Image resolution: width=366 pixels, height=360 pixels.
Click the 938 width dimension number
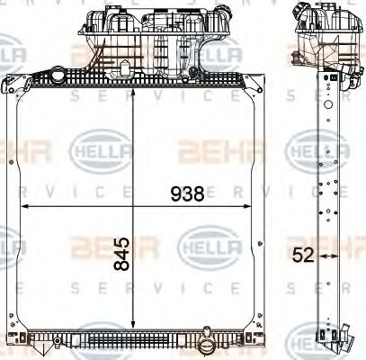(187, 193)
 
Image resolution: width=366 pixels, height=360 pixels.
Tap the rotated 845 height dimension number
(121, 254)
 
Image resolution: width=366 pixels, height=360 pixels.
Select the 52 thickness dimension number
(303, 256)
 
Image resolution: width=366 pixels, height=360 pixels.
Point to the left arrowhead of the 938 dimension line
(24, 206)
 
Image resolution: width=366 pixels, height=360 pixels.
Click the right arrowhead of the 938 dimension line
(246, 206)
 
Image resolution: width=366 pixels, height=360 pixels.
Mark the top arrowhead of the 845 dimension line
(133, 91)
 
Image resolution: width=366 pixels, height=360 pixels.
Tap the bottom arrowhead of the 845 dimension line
(133, 325)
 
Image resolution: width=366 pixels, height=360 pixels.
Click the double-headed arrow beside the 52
(329, 256)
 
